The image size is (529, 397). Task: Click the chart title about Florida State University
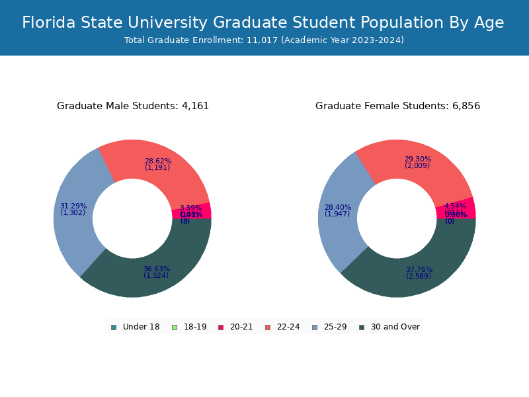pos(263,22)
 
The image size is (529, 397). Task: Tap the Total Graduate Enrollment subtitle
pos(264,40)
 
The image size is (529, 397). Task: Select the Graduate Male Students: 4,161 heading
pos(133,106)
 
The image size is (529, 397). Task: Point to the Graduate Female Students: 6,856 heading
pos(397,106)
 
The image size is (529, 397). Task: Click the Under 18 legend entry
pos(136,327)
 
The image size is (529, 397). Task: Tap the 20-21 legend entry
pos(235,327)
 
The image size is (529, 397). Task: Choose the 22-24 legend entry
pos(282,327)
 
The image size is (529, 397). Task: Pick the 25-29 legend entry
pos(329,327)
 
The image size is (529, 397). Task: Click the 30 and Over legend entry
pos(389,327)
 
